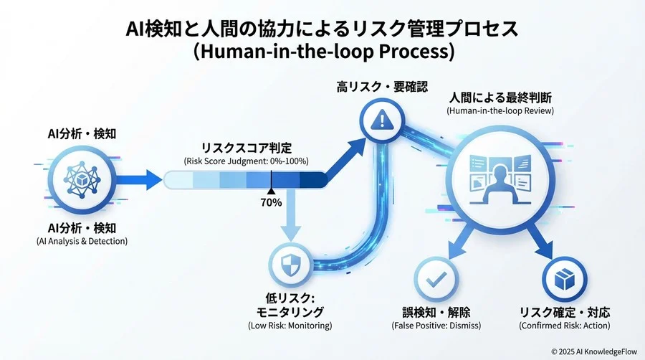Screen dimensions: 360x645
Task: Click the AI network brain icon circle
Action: [x=82, y=178]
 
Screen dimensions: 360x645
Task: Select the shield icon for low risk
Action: [x=291, y=264]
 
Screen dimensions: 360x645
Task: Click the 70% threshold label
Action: [x=271, y=203]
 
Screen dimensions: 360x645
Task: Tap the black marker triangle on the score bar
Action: [x=271, y=191]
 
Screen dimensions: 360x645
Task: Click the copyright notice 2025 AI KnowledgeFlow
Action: [x=594, y=351]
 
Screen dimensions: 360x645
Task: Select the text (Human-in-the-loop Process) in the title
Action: [x=322, y=52]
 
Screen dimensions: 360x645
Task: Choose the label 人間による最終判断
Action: [x=500, y=97]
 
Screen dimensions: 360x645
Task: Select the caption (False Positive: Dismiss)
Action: [x=436, y=326]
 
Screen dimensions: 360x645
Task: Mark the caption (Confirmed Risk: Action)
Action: [x=565, y=326]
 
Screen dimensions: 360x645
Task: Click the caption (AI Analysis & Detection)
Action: [x=82, y=241]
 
